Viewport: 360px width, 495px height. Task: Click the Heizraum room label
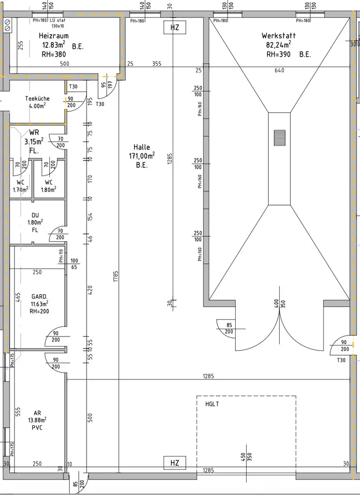(53, 36)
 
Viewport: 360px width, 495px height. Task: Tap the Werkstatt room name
(278, 36)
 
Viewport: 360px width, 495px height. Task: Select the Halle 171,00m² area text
(142, 156)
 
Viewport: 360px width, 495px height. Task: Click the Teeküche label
(37, 99)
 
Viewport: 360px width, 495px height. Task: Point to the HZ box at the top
(175, 28)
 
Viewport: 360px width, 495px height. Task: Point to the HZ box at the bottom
(175, 463)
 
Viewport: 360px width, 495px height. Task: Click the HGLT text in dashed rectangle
(212, 404)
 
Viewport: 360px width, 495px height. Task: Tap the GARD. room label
(40, 296)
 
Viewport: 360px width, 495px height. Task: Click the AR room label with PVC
(37, 413)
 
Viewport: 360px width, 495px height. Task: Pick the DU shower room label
(35, 215)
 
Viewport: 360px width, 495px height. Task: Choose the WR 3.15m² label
(34, 132)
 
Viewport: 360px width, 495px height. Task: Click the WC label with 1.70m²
(20, 182)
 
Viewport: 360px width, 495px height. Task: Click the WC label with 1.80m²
(48, 182)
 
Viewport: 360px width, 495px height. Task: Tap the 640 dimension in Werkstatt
(279, 71)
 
